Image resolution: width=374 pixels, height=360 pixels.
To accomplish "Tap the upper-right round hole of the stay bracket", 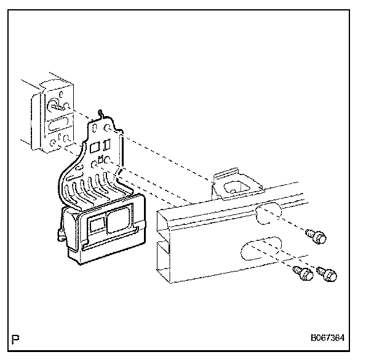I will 108,128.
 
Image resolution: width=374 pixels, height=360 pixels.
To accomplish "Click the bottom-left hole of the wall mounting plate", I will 53,143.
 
